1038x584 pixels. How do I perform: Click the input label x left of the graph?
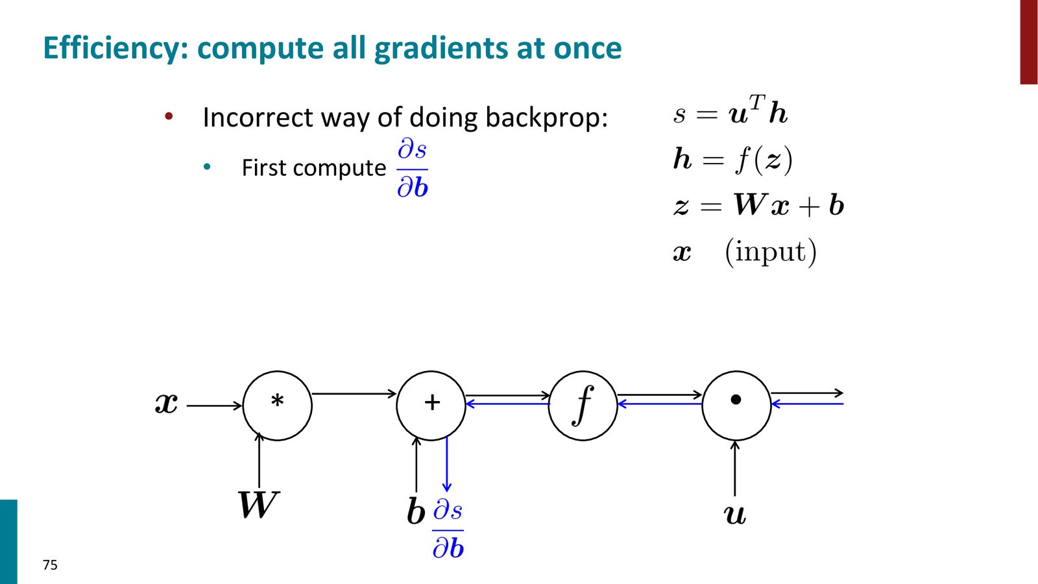166,403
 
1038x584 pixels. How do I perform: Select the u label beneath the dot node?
735,515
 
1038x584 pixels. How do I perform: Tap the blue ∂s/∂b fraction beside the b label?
448,530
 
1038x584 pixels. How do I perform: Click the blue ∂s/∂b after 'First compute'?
413,169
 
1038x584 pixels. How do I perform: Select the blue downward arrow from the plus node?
447,464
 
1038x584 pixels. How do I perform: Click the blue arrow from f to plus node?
507,404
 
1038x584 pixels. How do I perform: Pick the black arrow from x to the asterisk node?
214,406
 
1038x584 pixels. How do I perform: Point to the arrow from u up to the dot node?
735,468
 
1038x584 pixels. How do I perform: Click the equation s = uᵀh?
730,110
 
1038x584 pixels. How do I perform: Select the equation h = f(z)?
733,160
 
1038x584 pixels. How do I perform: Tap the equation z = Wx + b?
758,204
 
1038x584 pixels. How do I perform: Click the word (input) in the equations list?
771,252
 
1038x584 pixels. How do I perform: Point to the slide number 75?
50,565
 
